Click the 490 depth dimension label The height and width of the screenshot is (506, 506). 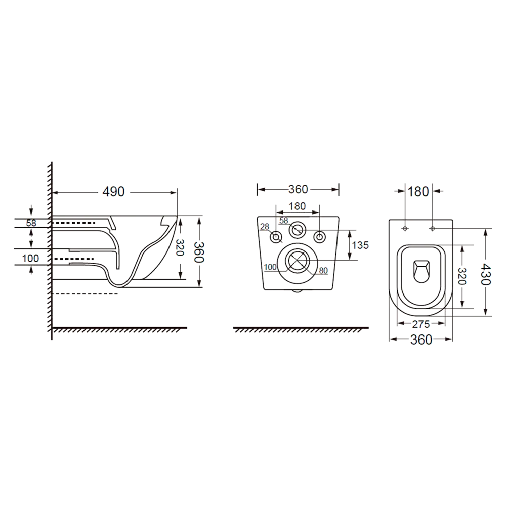(113, 192)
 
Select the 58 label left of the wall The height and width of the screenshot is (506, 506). (31, 223)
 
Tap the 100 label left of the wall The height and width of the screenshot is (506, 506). (31, 258)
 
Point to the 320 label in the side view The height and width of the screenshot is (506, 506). (180, 247)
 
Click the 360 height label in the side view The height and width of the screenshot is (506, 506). (199, 252)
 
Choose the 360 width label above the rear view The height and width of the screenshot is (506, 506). (298, 189)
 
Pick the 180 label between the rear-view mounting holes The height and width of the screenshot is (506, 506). (297, 206)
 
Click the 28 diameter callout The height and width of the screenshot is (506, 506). (265, 227)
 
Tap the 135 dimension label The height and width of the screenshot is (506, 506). (360, 245)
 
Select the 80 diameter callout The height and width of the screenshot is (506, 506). (323, 270)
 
